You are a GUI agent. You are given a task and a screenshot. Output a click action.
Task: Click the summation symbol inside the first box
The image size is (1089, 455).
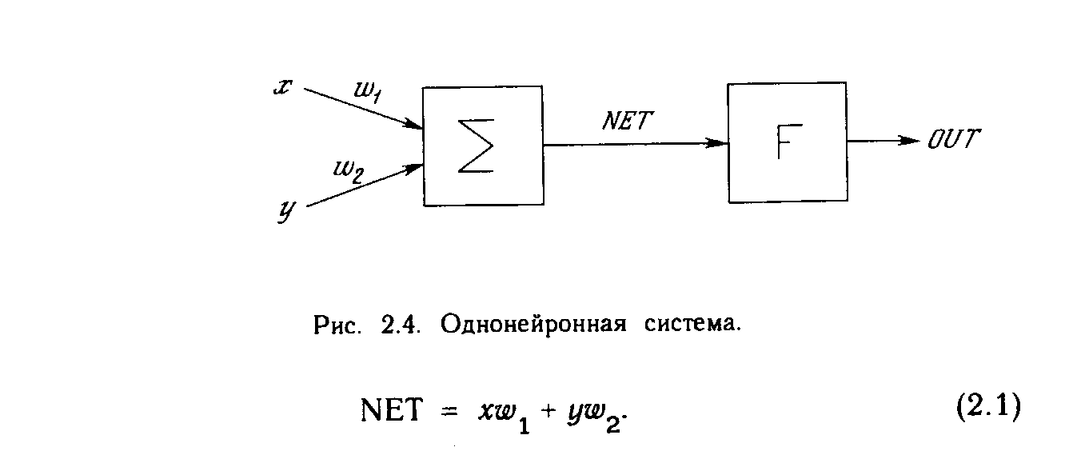[476, 145]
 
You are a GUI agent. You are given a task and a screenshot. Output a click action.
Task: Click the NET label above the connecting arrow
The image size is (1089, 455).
[628, 122]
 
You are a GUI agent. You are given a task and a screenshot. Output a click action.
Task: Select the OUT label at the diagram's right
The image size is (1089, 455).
[953, 140]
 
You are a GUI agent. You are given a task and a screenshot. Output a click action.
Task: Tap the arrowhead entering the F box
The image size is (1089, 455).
[720, 143]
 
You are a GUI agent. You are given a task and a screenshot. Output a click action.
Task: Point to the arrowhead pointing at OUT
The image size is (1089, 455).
[911, 141]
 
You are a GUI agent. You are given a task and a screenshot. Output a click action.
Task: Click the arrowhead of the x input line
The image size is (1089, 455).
[414, 125]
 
